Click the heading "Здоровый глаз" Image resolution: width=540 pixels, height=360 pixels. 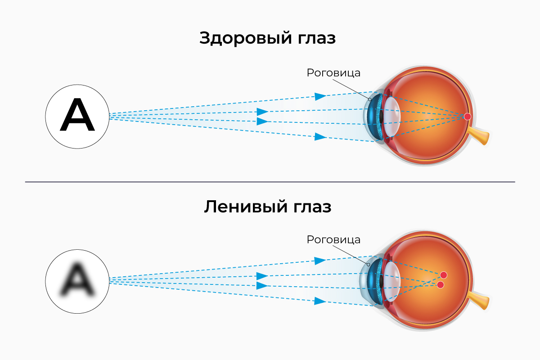pyautogui.click(x=267, y=38)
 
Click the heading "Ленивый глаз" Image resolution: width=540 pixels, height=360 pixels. pyautogui.click(x=267, y=207)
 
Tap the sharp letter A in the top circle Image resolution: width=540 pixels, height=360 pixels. pyautogui.click(x=77, y=116)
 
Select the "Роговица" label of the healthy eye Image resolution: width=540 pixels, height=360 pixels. pyautogui.click(x=333, y=72)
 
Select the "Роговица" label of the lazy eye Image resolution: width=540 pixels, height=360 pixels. pyautogui.click(x=333, y=239)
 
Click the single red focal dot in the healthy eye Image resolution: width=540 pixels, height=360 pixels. pyautogui.click(x=468, y=117)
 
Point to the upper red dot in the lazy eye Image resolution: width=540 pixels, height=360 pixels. pyautogui.click(x=444, y=275)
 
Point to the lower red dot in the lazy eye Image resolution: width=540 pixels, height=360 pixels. pyautogui.click(x=441, y=285)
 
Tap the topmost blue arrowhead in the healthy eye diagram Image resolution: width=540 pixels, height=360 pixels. pyautogui.click(x=320, y=96)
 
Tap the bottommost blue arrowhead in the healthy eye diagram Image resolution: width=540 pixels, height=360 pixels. pyautogui.click(x=320, y=137)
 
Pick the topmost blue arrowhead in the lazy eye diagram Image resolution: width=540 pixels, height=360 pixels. pyautogui.click(x=320, y=261)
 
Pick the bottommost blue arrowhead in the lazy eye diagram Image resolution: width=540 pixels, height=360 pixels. pyautogui.click(x=320, y=301)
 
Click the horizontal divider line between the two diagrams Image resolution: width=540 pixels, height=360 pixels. pyautogui.click(x=270, y=182)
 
